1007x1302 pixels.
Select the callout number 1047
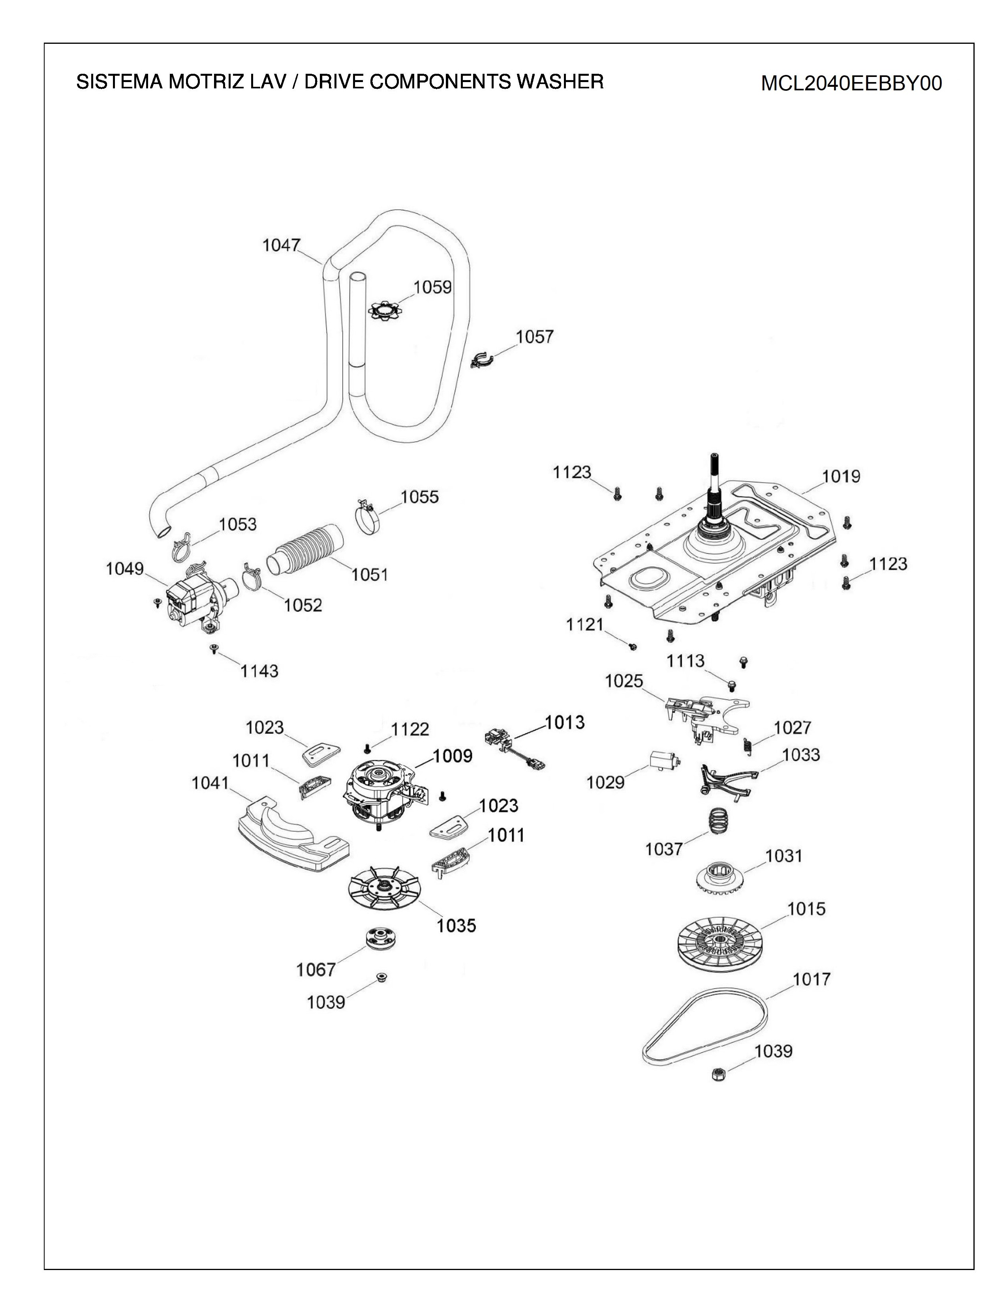pyautogui.click(x=281, y=245)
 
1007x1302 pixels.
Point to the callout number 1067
pyautogui.click(x=316, y=970)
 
